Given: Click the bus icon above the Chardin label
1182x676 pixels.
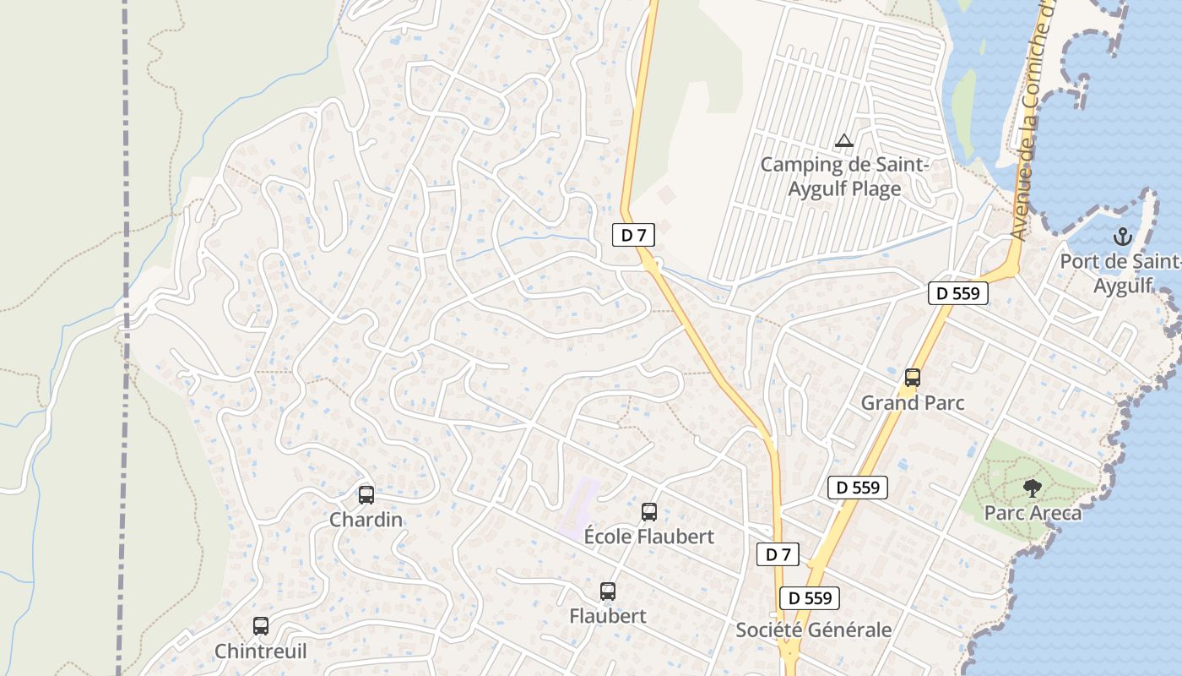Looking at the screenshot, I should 366,495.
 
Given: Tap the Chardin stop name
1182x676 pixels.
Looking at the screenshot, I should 366,520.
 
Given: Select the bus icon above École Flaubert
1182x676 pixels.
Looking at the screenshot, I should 648,512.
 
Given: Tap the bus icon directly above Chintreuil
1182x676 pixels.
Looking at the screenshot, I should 261,626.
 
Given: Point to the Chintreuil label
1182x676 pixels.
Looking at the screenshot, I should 261,651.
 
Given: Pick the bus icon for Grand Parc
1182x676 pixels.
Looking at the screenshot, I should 912,378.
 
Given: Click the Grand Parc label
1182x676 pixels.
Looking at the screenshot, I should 912,403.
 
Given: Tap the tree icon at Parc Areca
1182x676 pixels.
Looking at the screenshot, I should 1032,488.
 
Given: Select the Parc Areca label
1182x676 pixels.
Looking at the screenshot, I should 1033,513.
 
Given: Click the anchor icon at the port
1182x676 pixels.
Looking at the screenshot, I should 1122,236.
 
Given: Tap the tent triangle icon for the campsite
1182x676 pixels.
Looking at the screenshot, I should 843,140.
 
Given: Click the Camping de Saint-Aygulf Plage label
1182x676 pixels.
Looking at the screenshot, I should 844,177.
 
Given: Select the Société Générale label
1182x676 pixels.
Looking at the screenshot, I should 813,630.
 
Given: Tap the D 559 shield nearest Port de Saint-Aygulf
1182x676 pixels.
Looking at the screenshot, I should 958,293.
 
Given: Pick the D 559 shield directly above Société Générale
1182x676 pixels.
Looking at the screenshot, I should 810,598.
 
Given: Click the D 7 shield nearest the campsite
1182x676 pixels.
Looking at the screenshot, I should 633,235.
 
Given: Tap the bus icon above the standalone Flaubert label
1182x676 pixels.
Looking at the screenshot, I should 607,591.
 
